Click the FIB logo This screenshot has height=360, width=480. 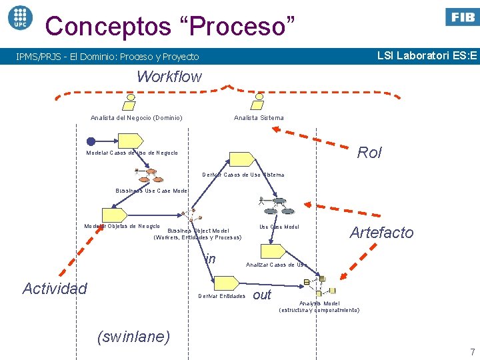click(461, 17)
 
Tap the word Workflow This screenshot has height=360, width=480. click(169, 77)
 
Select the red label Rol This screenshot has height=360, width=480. click(369, 153)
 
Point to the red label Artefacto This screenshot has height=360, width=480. click(381, 233)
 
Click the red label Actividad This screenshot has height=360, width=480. click(55, 289)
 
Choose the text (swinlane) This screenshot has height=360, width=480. click(133, 337)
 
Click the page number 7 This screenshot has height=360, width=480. click(472, 352)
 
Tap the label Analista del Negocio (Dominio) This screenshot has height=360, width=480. click(137, 118)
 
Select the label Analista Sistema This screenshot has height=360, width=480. click(259, 118)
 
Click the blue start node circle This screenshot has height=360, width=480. click(91, 141)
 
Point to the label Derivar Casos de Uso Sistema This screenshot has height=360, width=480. click(243, 175)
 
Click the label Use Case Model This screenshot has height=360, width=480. click(279, 227)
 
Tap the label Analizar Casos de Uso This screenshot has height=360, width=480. click(275, 265)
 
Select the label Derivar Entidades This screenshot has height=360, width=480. click(222, 296)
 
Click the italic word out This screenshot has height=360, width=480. click(263, 295)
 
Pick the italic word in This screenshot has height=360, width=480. click(211, 259)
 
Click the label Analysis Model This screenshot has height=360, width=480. click(319, 303)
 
